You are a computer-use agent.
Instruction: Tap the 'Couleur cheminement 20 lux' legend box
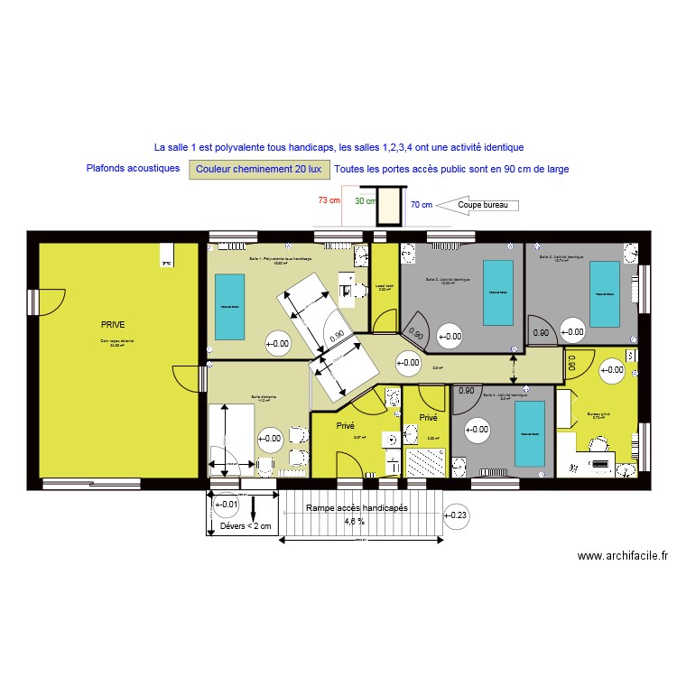coord(258,169)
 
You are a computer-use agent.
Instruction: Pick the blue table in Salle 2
coord(497,292)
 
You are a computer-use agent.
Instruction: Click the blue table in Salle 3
coord(604,293)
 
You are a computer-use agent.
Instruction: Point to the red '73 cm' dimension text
coord(329,200)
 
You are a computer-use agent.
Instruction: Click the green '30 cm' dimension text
coord(365,201)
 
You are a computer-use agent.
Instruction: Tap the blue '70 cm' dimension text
coord(422,205)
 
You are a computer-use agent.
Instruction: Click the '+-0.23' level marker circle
coord(458,515)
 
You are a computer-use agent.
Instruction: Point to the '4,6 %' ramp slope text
coord(354,521)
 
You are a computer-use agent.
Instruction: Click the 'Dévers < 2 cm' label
coord(246,526)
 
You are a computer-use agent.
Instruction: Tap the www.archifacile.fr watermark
coord(623,557)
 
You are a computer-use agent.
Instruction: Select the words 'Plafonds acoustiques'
coord(134,168)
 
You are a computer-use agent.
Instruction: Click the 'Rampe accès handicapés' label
coord(357,508)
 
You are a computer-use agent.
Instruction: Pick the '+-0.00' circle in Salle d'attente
coord(270,440)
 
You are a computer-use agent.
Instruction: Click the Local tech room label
coord(385,287)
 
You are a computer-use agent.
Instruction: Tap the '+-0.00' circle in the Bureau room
coord(612,369)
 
